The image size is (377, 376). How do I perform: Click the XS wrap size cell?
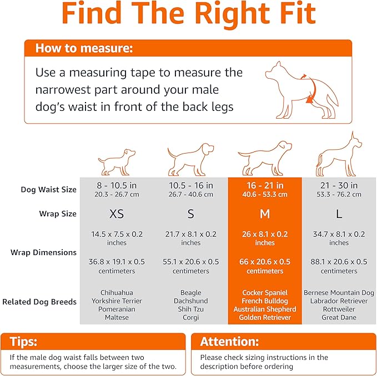117,214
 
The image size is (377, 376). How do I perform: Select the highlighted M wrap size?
265,214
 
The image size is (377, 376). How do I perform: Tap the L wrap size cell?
339,214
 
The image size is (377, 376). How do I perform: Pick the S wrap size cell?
190,214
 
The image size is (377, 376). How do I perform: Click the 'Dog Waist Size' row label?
49,190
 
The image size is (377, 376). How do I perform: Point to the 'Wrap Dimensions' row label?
43,252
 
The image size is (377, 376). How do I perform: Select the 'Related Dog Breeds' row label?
39,302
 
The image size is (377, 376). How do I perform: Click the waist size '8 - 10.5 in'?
117,186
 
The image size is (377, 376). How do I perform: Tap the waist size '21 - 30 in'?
339,186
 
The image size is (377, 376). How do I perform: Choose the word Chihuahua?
117,292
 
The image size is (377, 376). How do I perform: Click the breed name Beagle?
190,292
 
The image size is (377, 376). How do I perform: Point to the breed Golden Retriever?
265,318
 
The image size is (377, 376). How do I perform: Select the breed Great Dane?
339,318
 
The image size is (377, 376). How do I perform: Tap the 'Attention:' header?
229,342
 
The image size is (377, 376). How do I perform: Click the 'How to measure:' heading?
84,48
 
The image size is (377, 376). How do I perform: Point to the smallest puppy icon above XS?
117,161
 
